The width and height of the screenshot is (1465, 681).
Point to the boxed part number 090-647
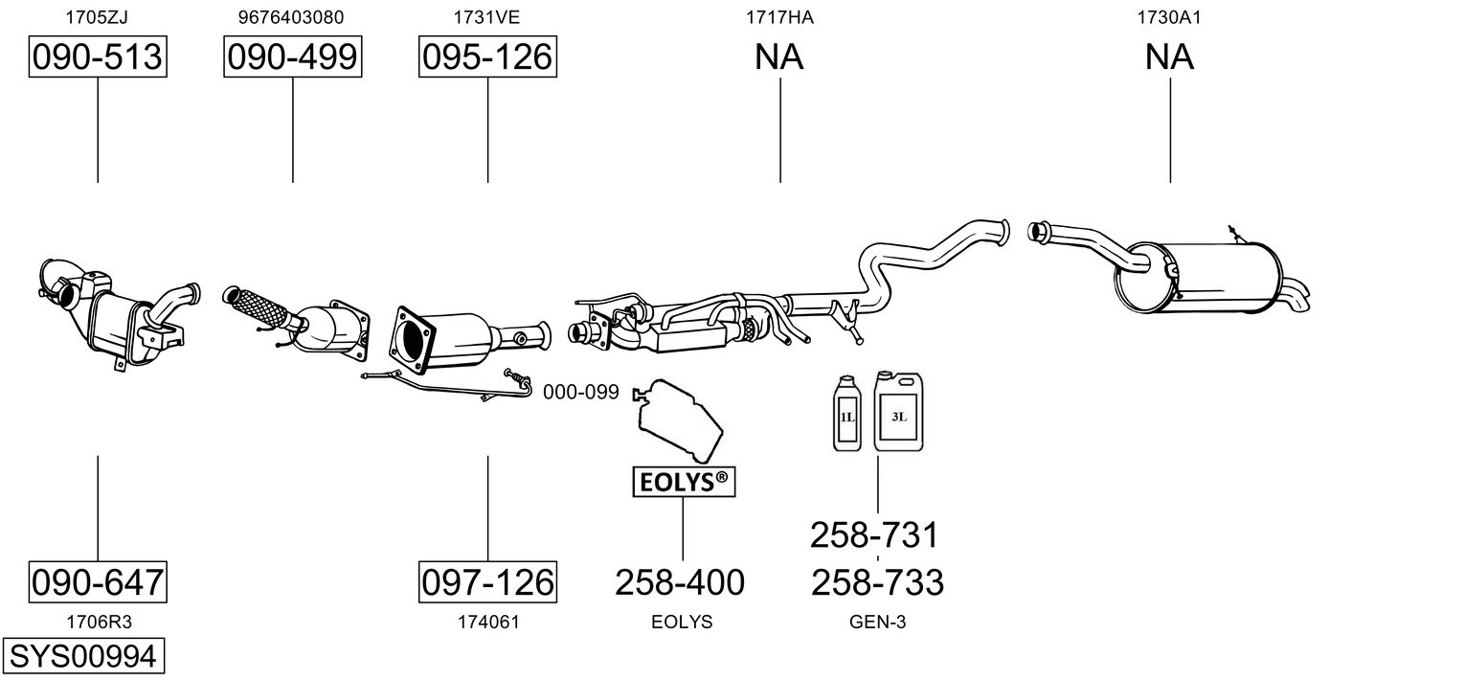[x=97, y=581]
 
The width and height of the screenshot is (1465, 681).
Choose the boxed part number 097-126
[x=487, y=581]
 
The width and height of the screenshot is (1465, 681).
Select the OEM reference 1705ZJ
[x=97, y=16]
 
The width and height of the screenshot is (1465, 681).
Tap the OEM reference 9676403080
[x=292, y=16]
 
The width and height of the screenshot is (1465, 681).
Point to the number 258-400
[x=680, y=581]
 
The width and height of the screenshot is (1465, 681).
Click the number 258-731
[x=874, y=534]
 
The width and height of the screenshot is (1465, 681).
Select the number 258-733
[x=877, y=581]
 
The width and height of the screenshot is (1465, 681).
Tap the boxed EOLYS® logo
[x=683, y=484]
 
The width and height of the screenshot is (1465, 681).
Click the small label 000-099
[x=581, y=392]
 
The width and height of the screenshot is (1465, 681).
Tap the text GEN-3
[x=877, y=622]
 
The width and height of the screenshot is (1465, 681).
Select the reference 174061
[x=487, y=622]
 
